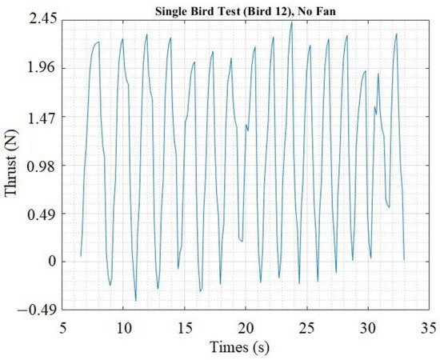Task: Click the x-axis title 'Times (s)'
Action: [x=245, y=347]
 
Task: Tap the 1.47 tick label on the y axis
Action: [x=39, y=117]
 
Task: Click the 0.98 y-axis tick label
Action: [x=39, y=165]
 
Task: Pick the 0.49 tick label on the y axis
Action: [x=39, y=214]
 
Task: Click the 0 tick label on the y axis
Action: [x=50, y=262]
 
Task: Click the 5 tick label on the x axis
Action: [x=62, y=328]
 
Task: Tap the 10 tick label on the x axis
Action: [x=123, y=328]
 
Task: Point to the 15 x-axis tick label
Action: [x=185, y=328]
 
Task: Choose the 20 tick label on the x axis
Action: [x=246, y=328]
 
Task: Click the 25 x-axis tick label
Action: [x=307, y=328]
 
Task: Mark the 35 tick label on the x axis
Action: [x=429, y=328]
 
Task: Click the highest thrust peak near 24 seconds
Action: [x=292, y=22]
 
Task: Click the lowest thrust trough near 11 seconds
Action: [x=136, y=301]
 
